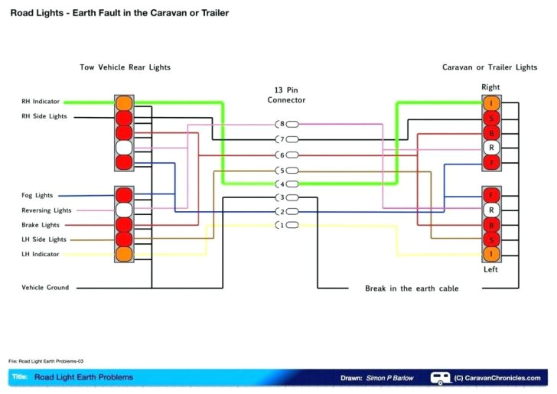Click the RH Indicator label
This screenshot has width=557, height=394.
pyautogui.click(x=41, y=101)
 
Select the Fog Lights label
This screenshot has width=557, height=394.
pyautogui.click(x=37, y=196)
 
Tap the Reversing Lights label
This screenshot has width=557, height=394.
pyautogui.click(x=47, y=210)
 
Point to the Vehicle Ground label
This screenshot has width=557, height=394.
pyautogui.click(x=45, y=288)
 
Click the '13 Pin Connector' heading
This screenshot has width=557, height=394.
pyautogui.click(x=286, y=95)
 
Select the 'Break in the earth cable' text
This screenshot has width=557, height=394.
pyautogui.click(x=412, y=288)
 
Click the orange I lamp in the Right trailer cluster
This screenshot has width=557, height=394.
pyautogui.click(x=491, y=103)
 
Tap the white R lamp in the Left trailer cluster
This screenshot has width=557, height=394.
pyautogui.click(x=491, y=210)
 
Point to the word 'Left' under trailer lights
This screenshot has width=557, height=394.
pyautogui.click(x=491, y=269)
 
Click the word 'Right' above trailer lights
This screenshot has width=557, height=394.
pyautogui.click(x=490, y=87)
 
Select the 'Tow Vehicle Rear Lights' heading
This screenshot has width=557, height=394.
pyautogui.click(x=125, y=67)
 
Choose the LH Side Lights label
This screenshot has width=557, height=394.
pyautogui.click(x=44, y=239)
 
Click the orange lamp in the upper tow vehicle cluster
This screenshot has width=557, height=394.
pyautogui.click(x=124, y=103)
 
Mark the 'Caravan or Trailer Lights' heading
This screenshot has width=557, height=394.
pyautogui.click(x=490, y=67)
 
